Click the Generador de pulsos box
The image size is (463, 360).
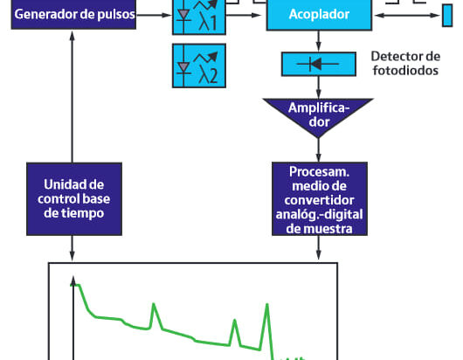click(73, 14)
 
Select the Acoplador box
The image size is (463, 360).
click(319, 15)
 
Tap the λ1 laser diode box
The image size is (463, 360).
click(199, 17)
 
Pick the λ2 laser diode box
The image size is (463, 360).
click(199, 66)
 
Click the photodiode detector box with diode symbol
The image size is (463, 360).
click(319, 64)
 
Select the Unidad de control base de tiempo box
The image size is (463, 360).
click(74, 198)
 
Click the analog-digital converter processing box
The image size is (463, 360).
click(320, 198)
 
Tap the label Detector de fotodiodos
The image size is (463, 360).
click(405, 63)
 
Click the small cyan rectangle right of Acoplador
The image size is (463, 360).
click(447, 16)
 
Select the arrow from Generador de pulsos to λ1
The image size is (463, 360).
click(154, 15)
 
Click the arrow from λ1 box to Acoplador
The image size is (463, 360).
click(244, 15)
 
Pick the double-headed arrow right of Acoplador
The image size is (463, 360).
click(407, 16)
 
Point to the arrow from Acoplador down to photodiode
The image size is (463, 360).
click(318, 41)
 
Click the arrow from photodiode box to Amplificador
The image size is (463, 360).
click(318, 87)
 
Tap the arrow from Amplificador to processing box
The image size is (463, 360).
click(318, 149)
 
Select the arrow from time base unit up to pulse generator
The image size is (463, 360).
click(72, 97)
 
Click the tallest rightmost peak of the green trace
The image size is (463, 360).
click(267, 304)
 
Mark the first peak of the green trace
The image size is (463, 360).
click(154, 304)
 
